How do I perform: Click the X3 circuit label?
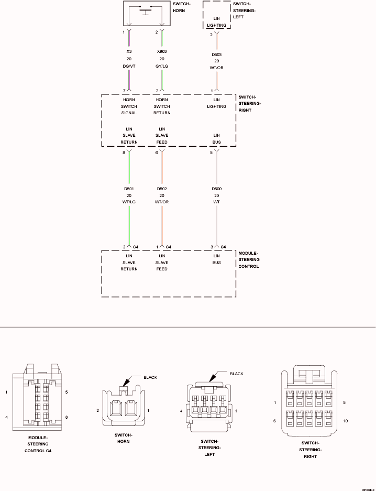[x=129, y=52]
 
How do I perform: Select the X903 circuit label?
[x=162, y=52]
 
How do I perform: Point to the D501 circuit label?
[x=129, y=189]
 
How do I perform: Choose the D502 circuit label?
[x=162, y=189]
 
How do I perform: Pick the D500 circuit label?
[x=216, y=189]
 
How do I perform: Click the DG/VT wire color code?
[x=129, y=66]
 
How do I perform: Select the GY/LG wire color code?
[x=162, y=66]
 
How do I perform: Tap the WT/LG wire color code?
[x=129, y=202]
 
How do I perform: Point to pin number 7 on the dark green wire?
[x=124, y=91]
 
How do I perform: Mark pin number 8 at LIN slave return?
[x=124, y=152]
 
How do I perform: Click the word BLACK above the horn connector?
[x=150, y=377]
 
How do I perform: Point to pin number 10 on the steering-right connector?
[x=345, y=421]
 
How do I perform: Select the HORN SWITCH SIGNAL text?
[x=129, y=106]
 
